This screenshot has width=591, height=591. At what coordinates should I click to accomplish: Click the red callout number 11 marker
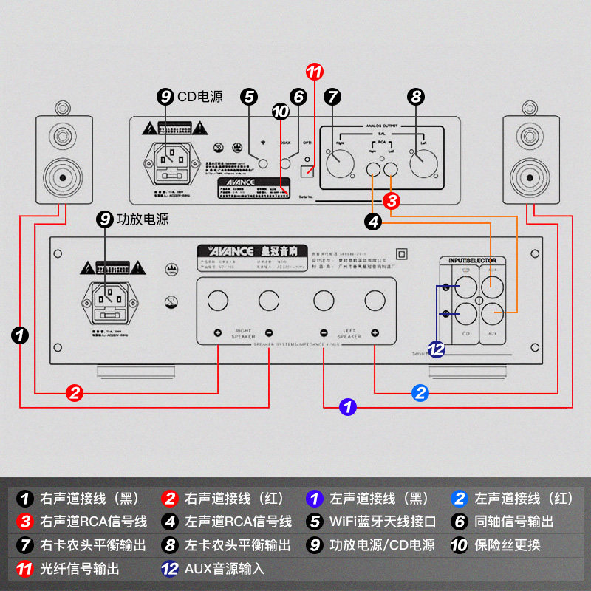[x=315, y=72]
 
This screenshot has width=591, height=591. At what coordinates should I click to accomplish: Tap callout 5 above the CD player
[x=250, y=96]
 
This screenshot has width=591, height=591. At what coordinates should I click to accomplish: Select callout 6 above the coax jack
[x=298, y=96]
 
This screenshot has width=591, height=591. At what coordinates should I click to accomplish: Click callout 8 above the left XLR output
[x=416, y=96]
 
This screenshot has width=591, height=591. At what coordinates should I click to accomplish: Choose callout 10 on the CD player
[x=280, y=112]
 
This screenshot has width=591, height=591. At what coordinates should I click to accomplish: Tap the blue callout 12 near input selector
[x=437, y=349]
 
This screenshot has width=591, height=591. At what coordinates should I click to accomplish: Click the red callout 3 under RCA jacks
[x=392, y=200]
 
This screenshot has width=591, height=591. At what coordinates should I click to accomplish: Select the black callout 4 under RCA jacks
[x=373, y=220]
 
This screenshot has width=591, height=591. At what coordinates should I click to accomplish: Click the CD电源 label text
[x=199, y=96]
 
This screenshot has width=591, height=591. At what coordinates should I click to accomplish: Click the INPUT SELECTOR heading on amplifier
[x=473, y=260]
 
